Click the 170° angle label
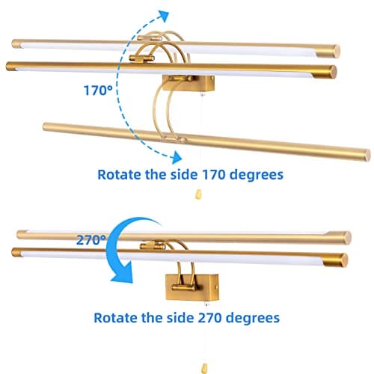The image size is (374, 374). coord(98,91)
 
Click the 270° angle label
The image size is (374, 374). coord(91,240)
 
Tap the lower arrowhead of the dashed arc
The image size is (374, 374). coord(176,158)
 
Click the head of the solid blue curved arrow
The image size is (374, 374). coord(122,274)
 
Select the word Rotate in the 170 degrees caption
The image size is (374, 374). coord(119,174)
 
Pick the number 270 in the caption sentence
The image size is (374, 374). coord(210,318)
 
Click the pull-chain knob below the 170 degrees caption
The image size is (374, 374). coord(198,194)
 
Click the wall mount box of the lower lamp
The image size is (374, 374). coord(192,287)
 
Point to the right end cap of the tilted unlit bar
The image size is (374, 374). coord(367,155)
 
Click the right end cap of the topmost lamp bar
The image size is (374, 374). coord(336,51)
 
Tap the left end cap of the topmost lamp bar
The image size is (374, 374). coord(16,44)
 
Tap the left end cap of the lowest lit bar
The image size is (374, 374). coord(16,252)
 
